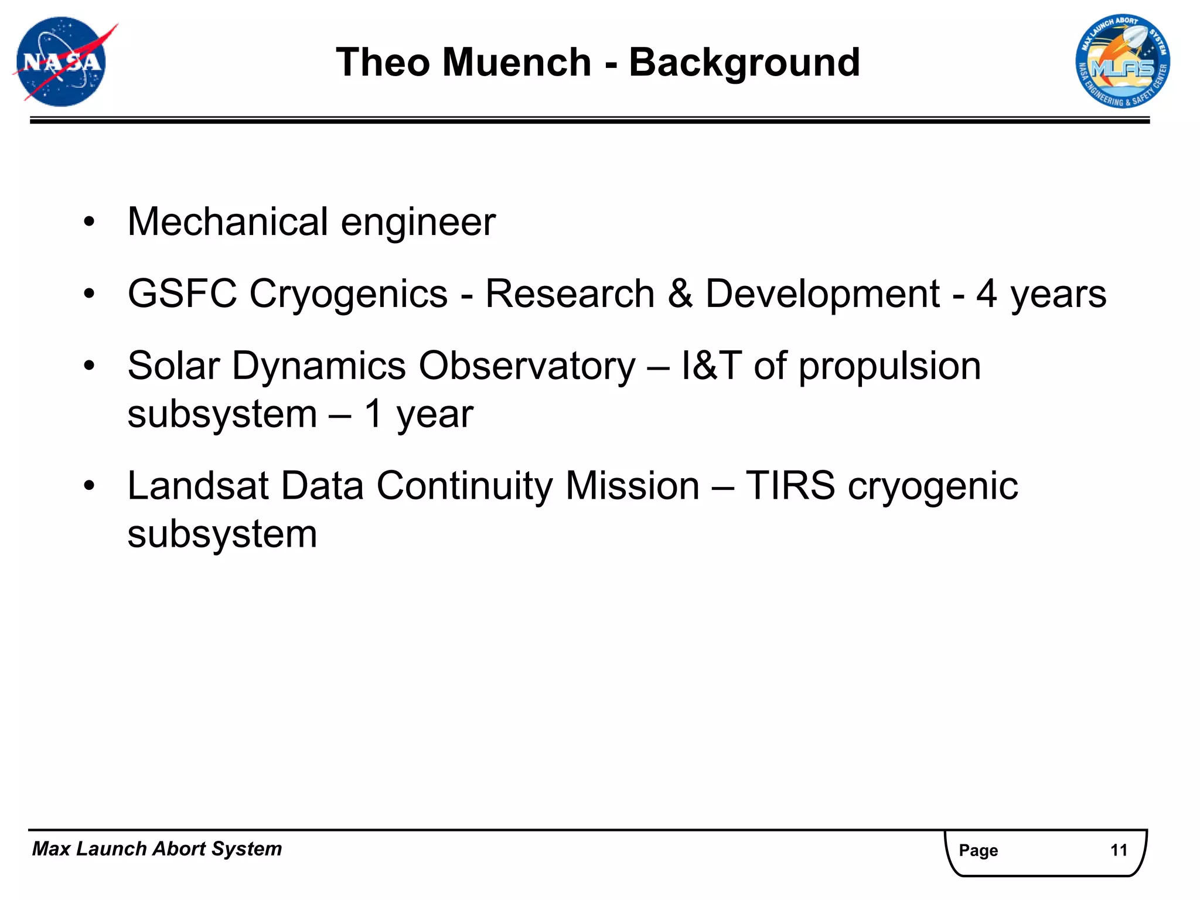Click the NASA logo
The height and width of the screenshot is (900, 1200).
coord(62,62)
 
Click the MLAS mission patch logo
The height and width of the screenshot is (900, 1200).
coord(1122,62)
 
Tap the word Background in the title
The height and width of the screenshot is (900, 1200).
coord(744,63)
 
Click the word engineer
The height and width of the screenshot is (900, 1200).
coord(418,223)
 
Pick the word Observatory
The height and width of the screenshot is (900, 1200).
coord(527,366)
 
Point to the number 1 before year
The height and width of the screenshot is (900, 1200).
coord(374,414)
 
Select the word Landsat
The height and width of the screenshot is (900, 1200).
coord(198,486)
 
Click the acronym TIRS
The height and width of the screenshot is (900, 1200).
coord(790,486)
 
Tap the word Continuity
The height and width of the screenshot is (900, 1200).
coord(464,487)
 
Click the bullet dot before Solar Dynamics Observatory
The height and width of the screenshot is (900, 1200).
coord(89,366)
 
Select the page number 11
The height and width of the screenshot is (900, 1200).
coord(1119,850)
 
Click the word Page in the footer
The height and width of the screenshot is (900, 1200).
coord(978,850)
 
